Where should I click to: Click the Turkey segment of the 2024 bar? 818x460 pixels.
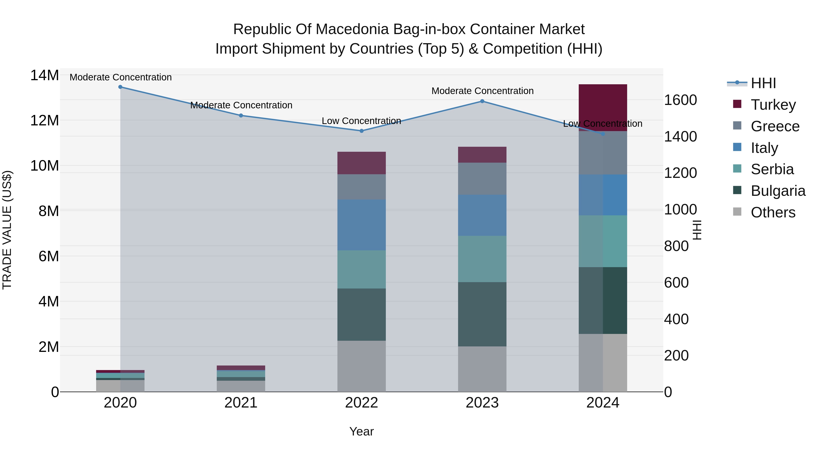(x=602, y=107)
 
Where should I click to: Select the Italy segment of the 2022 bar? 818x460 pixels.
(x=361, y=225)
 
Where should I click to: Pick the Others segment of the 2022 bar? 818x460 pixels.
(x=361, y=366)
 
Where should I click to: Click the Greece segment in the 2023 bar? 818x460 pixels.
(x=482, y=179)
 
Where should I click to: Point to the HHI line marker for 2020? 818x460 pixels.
(x=120, y=87)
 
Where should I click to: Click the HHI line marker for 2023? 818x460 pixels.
(x=482, y=101)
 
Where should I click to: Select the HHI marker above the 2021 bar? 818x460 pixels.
(x=241, y=116)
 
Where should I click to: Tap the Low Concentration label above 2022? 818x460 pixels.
(x=361, y=121)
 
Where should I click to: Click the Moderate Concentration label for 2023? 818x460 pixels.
(x=482, y=91)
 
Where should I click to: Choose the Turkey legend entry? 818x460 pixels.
(x=773, y=105)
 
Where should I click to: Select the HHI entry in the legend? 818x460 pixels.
(x=763, y=83)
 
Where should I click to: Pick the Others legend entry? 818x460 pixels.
(x=773, y=212)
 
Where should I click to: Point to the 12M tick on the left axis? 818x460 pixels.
(x=45, y=121)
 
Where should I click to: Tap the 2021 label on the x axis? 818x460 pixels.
(x=241, y=403)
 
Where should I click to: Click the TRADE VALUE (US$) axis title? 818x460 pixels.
(x=7, y=230)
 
